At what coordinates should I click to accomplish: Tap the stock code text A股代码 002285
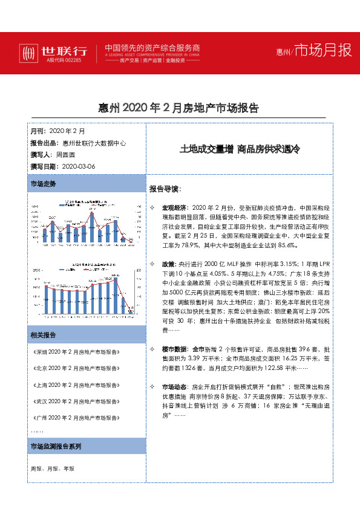(64, 60)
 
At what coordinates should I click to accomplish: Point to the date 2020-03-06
(79, 166)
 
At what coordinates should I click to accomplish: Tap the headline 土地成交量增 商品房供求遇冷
(240, 149)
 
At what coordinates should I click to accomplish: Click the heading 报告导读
(165, 188)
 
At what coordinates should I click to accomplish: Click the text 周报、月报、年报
(53, 468)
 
